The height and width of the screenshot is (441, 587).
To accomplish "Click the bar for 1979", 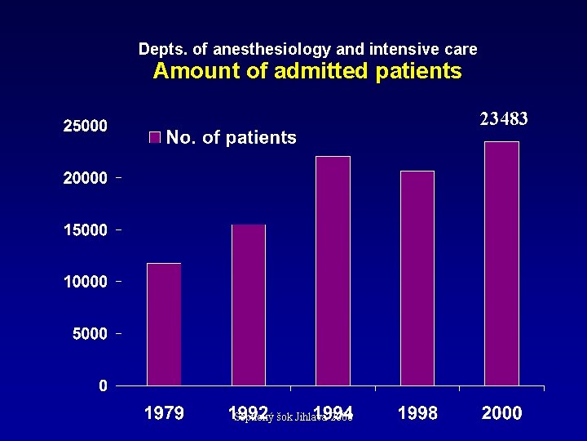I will click(164, 324).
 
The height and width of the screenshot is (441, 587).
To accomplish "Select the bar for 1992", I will click(249, 305).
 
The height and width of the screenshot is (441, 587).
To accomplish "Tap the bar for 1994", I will click(333, 271).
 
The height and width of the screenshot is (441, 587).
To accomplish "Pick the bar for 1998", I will click(417, 278).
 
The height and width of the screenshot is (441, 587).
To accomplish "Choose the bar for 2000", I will click(501, 263).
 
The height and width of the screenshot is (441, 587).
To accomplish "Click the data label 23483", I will click(503, 119).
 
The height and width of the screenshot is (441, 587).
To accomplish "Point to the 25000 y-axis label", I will click(86, 126).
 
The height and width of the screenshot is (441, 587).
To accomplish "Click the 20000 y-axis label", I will click(86, 178).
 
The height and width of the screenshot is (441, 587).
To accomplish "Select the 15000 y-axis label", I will click(86, 230).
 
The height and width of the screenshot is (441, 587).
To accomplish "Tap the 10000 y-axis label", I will click(86, 282).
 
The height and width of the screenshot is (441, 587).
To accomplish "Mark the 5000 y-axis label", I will click(90, 334).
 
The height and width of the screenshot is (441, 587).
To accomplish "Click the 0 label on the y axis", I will click(103, 385).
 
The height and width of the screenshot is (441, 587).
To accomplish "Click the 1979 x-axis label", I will click(164, 413).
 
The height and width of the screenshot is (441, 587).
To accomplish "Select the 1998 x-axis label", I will click(417, 413).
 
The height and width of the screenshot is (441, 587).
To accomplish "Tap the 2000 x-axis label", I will click(501, 413).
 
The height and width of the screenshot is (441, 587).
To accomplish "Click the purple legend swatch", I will click(155, 137).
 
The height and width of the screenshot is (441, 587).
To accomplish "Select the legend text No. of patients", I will click(231, 137).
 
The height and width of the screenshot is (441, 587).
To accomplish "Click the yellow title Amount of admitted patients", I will click(307, 71).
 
